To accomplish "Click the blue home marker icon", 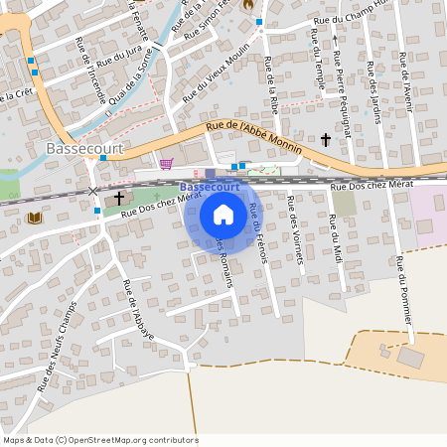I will click(223, 214).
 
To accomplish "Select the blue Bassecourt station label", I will click(210, 187).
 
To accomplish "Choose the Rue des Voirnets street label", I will click(294, 230).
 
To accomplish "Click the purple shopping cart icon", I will click(166, 164).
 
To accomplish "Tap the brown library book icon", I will click(36, 218).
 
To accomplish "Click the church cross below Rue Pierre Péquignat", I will click(326, 141).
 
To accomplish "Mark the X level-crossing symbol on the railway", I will click(93, 190).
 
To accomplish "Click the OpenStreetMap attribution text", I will click(100, 439).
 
